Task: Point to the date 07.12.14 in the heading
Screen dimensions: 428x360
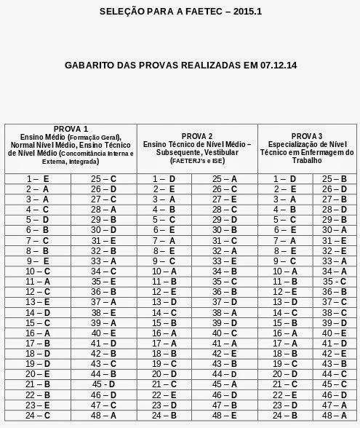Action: tap(272, 64)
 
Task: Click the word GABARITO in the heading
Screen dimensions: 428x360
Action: tap(96, 64)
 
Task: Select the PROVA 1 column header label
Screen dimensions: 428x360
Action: tap(71, 129)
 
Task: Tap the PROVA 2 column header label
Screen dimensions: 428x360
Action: tap(196, 136)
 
